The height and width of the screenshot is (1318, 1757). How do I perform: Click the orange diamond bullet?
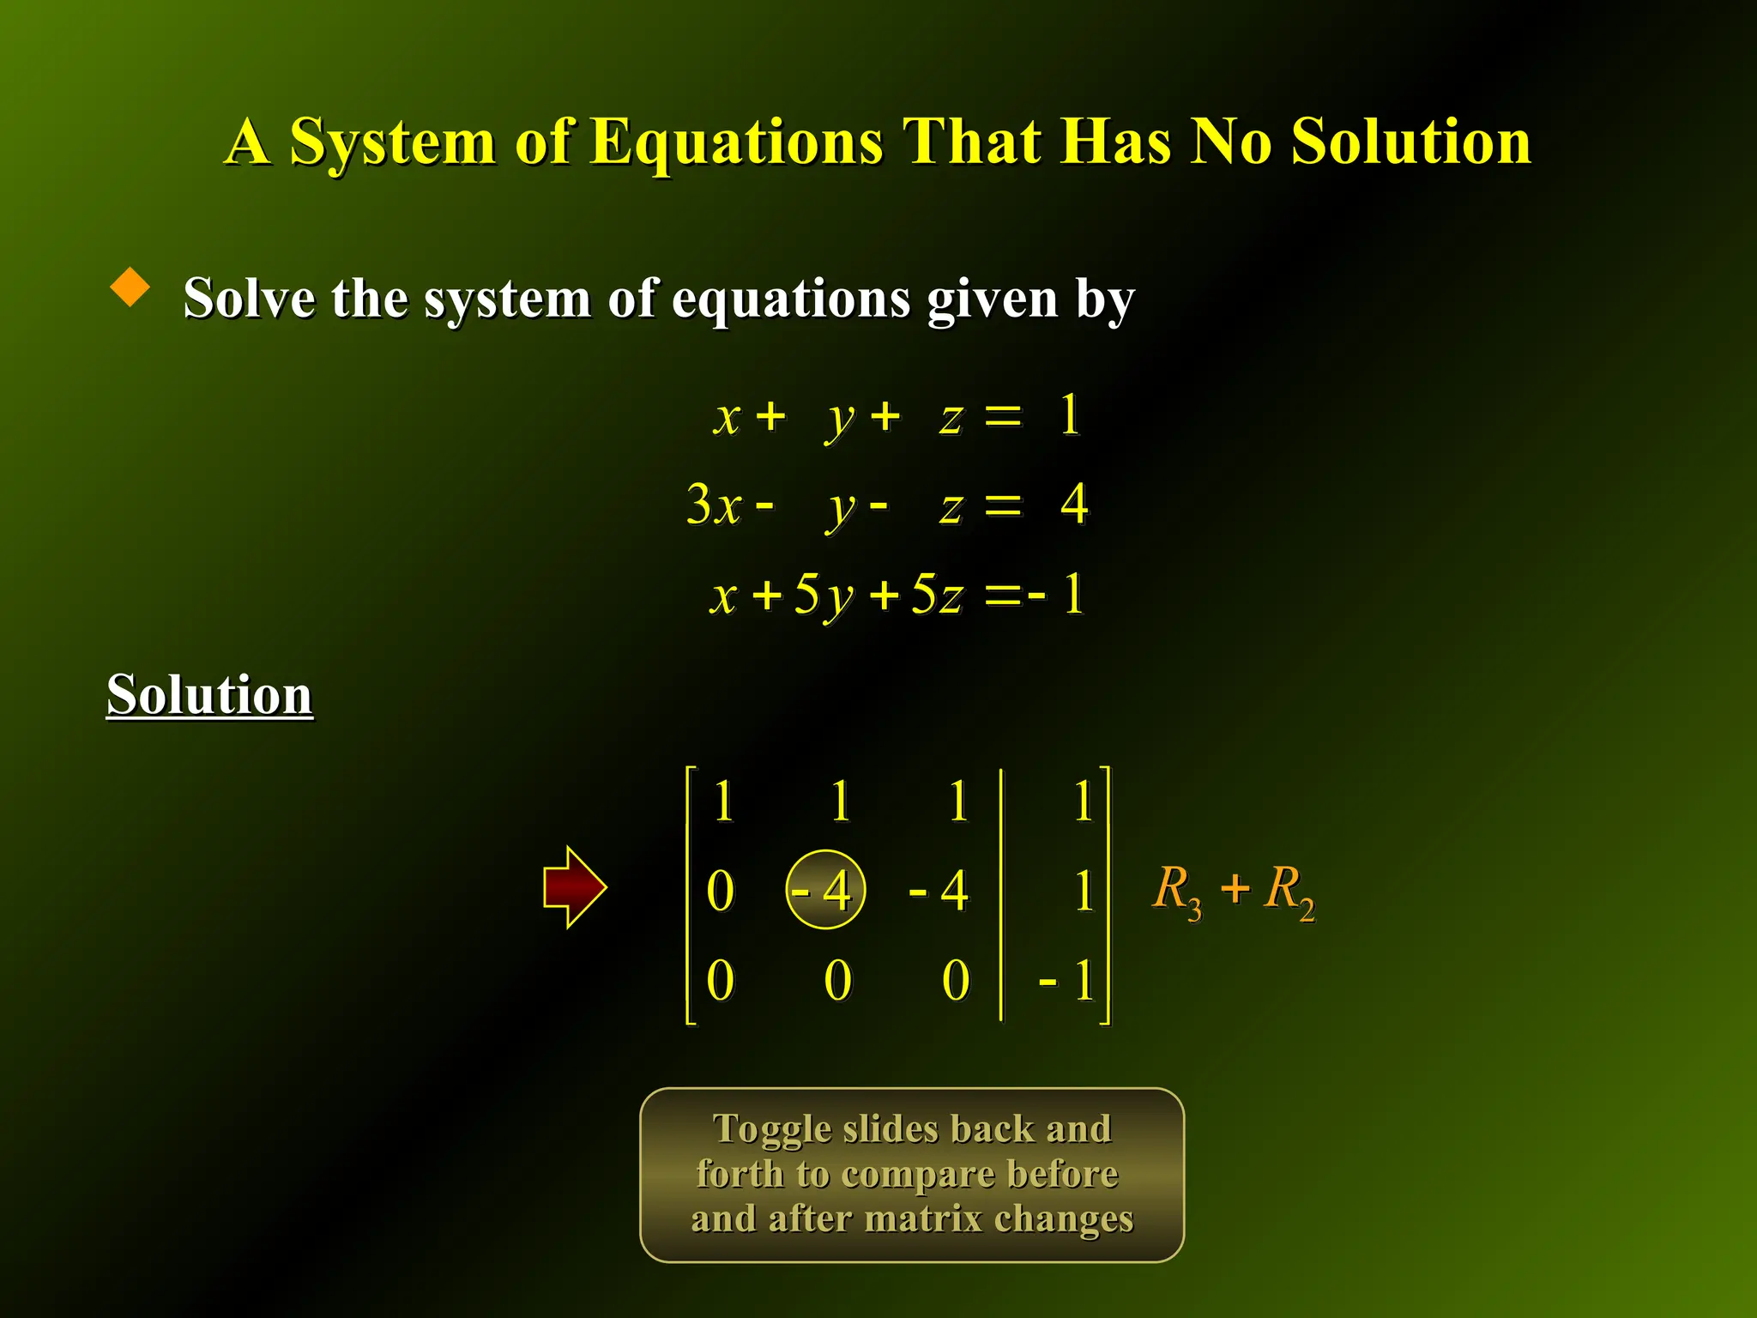[x=130, y=287]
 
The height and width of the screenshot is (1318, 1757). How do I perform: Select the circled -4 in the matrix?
[x=825, y=890]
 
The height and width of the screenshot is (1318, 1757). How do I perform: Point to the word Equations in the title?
[x=736, y=142]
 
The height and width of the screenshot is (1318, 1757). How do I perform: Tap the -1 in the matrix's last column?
[x=1067, y=980]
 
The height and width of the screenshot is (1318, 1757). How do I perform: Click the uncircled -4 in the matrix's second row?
[x=939, y=891]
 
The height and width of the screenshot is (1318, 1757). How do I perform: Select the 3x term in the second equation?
[x=714, y=505]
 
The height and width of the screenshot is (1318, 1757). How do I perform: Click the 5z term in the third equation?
[x=937, y=594]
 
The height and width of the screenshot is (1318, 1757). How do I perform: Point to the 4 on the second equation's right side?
[x=1074, y=504]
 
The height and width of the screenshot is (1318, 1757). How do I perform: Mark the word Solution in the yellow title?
[x=1410, y=142]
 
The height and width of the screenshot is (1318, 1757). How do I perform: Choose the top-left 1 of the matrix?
[x=723, y=801]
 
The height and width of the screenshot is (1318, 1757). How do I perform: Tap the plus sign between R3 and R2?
[x=1235, y=888]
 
